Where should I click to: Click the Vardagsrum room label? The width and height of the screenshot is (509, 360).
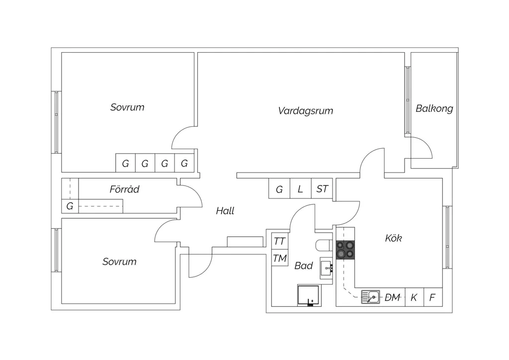tap(306, 111)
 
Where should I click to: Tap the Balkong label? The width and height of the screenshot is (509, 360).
tap(434, 108)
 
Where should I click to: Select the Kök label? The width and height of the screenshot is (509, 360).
tap(394, 238)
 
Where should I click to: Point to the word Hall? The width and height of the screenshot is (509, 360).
tap(225, 211)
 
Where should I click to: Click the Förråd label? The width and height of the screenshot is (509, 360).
tap(124, 189)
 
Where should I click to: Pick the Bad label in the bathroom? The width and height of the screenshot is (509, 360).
tap(304, 266)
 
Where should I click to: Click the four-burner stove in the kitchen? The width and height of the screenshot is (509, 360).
tap(345, 250)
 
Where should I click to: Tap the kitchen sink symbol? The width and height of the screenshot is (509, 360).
tap(370, 297)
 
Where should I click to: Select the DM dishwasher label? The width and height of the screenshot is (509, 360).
tap(392, 297)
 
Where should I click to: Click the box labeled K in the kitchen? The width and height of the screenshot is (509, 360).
tap(415, 297)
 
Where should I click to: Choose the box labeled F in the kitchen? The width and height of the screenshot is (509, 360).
tap(433, 297)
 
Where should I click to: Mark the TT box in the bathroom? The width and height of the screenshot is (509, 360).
tap(279, 241)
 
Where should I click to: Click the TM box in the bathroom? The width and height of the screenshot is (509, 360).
tap(279, 258)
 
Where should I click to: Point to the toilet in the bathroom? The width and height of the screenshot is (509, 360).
tap(324, 246)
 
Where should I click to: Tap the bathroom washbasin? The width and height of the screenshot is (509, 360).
tap(326, 268)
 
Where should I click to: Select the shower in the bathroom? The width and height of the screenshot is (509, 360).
tap(308, 295)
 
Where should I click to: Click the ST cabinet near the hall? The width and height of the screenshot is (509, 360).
tap(322, 188)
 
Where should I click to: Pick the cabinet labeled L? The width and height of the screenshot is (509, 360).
tap(301, 188)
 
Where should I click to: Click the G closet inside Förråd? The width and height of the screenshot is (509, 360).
tap(70, 206)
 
